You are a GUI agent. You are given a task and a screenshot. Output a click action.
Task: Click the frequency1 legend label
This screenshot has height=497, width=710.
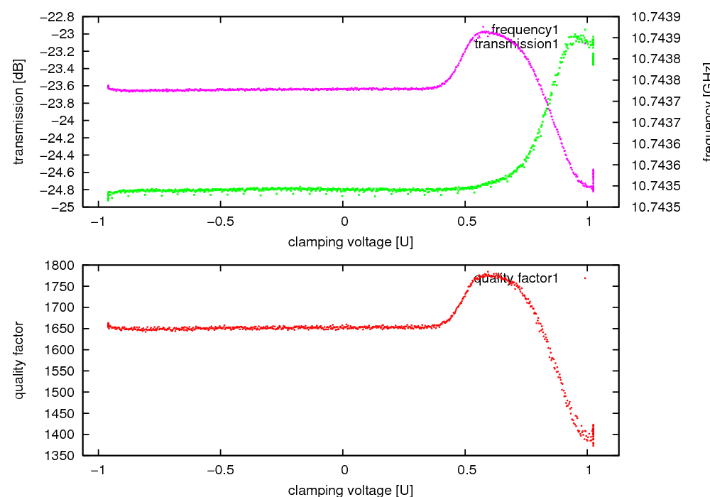(x=525, y=30)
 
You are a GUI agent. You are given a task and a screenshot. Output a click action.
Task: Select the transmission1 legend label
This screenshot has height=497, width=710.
(x=516, y=44)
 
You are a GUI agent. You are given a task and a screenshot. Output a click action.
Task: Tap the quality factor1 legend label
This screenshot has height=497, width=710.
(x=516, y=278)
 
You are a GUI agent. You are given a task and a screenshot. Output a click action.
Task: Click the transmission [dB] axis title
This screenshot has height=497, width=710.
(x=19, y=112)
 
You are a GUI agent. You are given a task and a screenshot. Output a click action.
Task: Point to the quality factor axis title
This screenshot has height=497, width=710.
(x=19, y=360)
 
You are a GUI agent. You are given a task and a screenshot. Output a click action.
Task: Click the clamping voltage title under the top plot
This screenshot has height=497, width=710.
(x=350, y=242)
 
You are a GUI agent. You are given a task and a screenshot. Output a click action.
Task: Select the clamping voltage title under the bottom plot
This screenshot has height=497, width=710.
(x=350, y=490)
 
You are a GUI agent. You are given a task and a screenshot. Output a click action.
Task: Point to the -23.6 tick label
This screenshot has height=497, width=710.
(x=60, y=86)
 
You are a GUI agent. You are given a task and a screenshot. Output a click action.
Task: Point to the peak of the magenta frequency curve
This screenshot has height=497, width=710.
(x=484, y=31)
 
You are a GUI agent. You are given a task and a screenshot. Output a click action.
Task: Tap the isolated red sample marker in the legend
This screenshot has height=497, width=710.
(x=585, y=278)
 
